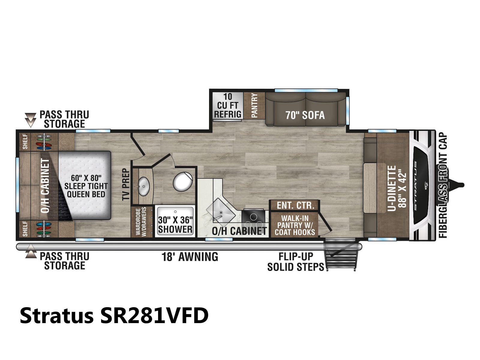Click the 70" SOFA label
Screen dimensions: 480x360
[305, 115]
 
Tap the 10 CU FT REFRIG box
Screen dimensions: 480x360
[228, 106]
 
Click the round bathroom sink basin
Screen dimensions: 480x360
[143, 186]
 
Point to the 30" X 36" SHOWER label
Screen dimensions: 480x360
[175, 225]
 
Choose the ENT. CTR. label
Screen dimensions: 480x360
[295, 205]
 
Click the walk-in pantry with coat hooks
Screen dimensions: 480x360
[295, 225]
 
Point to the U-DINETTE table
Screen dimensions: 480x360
[374, 188]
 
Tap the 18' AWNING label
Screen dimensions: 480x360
[190, 256]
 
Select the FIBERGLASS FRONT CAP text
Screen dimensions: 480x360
[443, 185]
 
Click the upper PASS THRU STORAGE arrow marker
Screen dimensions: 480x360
[30, 120]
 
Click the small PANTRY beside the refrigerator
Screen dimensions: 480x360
[254, 106]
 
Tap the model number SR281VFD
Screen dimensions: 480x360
[154, 316]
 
